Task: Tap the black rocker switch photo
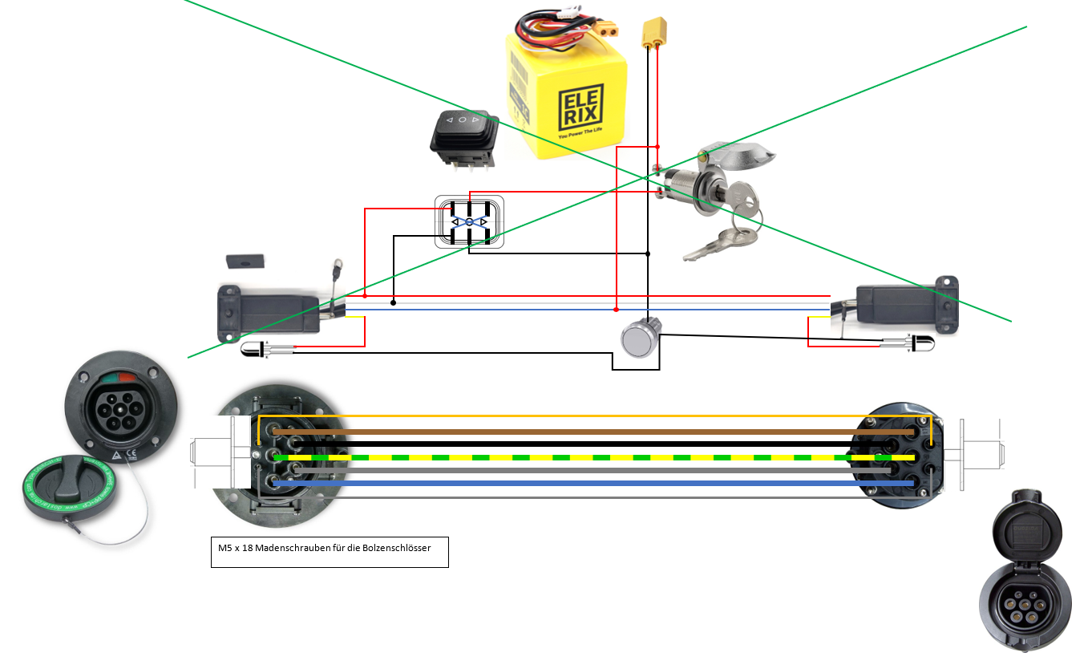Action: click(x=463, y=138)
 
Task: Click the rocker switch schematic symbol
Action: click(x=469, y=221)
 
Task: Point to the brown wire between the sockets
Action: click(x=593, y=432)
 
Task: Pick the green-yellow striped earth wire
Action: click(x=593, y=457)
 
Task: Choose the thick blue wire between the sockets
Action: click(x=593, y=484)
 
